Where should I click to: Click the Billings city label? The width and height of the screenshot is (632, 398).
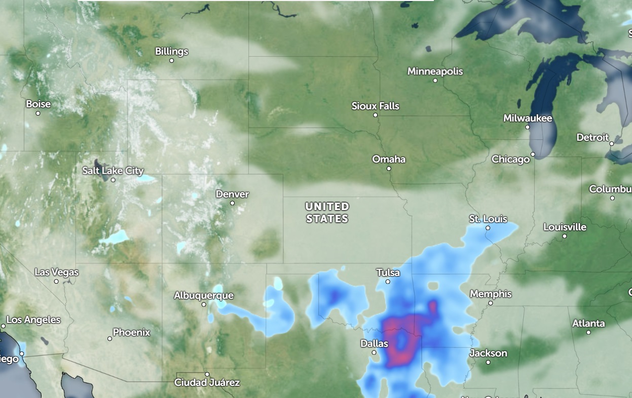pyautogui.click(x=171, y=52)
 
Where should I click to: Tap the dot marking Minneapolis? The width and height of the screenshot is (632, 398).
pyautogui.click(x=435, y=80)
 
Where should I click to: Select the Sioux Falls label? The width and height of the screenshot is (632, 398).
pyautogui.click(x=376, y=106)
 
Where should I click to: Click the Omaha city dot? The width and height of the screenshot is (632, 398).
pyautogui.click(x=389, y=169)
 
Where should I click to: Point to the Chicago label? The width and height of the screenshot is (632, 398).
pyautogui.click(x=510, y=160)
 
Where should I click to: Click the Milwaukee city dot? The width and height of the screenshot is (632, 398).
pyautogui.click(x=528, y=127)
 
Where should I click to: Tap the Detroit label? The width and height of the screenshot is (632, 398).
pyautogui.click(x=592, y=137)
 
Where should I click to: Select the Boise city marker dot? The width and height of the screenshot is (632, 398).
pyautogui.click(x=38, y=113)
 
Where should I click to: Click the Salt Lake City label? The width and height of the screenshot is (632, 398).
pyautogui.click(x=113, y=171)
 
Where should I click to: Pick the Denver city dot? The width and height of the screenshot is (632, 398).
pyautogui.click(x=232, y=203)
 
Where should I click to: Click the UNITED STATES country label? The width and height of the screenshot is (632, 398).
pyautogui.click(x=327, y=213)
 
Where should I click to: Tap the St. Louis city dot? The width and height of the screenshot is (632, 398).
pyautogui.click(x=488, y=228)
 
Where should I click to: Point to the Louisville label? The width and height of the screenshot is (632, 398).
pyautogui.click(x=565, y=227)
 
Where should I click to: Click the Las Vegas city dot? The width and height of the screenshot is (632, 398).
pyautogui.click(x=56, y=282)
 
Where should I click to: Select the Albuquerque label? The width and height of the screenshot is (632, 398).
pyautogui.click(x=204, y=295)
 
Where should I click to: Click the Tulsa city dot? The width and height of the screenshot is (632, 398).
pyautogui.click(x=388, y=282)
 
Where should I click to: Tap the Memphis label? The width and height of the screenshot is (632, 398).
pyautogui.click(x=491, y=294)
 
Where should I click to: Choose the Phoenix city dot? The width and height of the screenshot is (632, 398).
pyautogui.click(x=109, y=338)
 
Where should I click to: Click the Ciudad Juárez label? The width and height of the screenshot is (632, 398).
pyautogui.click(x=207, y=382)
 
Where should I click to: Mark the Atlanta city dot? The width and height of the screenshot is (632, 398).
pyautogui.click(x=588, y=332)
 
